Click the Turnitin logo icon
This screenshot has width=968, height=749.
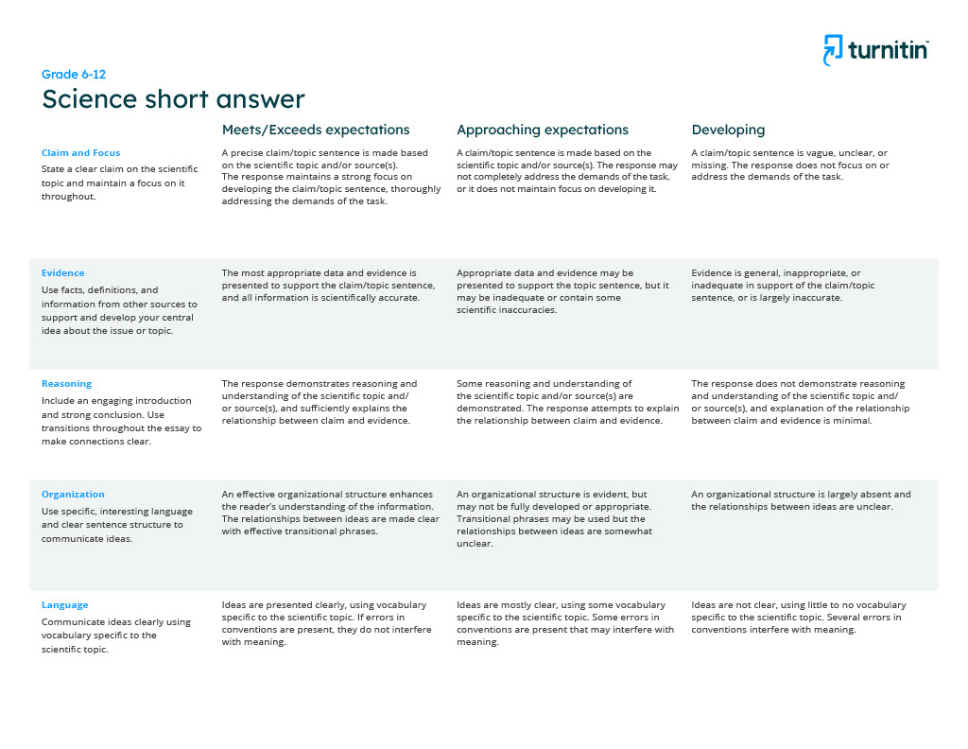point(832,50)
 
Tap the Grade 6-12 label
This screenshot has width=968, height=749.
point(67,74)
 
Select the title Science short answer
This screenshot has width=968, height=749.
point(173,99)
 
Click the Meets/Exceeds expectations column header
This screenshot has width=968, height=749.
point(316,130)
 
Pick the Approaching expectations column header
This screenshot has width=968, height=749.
point(543,130)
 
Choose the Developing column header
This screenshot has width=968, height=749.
point(728,130)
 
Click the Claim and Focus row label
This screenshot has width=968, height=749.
point(80,152)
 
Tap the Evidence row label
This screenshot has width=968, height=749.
point(62,272)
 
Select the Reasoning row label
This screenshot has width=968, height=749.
point(66,383)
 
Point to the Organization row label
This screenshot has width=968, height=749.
point(73,494)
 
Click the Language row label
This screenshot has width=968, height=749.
point(65,604)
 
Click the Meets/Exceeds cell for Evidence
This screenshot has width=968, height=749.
point(328,285)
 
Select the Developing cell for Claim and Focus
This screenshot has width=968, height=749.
point(789,165)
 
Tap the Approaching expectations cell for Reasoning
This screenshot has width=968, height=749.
point(567,402)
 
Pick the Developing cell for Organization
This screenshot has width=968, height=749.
point(801,500)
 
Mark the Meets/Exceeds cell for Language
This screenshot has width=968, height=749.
point(324,623)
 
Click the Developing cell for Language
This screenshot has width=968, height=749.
point(798,617)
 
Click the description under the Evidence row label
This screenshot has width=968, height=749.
point(119,310)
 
